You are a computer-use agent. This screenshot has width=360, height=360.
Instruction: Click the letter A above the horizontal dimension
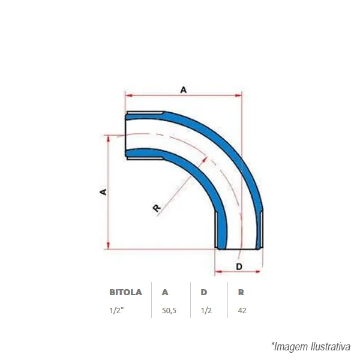(x=184, y=90)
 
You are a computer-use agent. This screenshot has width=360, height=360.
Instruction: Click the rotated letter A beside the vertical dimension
(x=104, y=192)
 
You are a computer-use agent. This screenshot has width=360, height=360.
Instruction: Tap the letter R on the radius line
(x=157, y=208)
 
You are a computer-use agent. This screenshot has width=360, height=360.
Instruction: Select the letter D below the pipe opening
(x=239, y=266)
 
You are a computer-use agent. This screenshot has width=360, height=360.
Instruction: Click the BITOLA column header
(x=125, y=292)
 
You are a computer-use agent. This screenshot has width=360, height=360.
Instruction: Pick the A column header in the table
(x=165, y=292)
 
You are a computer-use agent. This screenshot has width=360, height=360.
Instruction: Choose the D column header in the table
(x=203, y=292)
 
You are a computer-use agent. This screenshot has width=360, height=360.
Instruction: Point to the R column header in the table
(x=241, y=292)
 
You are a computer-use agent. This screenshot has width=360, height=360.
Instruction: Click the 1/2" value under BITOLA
(x=116, y=310)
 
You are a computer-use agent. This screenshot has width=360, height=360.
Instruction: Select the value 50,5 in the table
(x=169, y=311)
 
